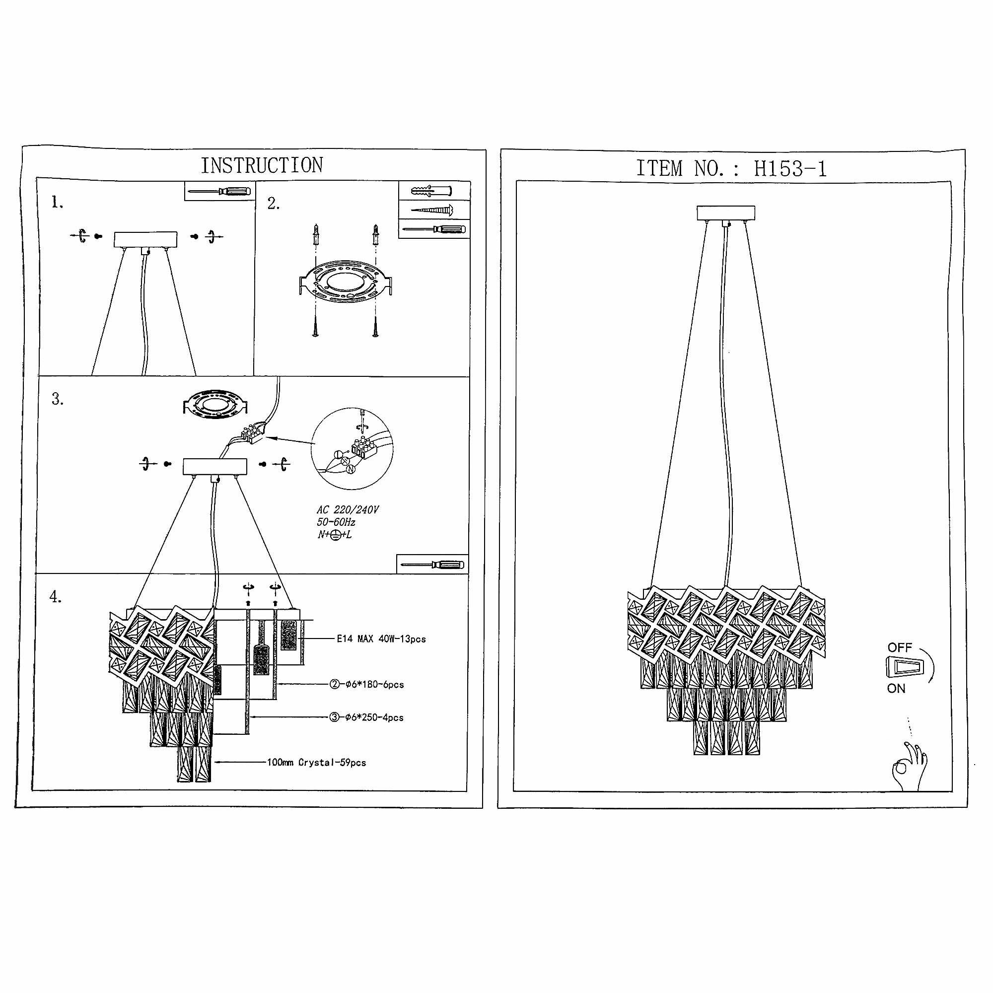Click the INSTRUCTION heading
click(262, 165)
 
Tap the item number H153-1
click(789, 169)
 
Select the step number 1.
click(57, 203)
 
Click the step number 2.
click(274, 204)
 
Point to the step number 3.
click(58, 399)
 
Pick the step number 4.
click(56, 597)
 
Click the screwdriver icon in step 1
click(219, 191)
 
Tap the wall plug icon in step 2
click(432, 191)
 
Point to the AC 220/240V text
click(348, 510)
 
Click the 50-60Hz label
click(336, 522)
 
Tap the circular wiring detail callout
click(352, 449)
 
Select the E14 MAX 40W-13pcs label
click(381, 639)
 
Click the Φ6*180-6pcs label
click(366, 685)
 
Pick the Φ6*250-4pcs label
click(366, 717)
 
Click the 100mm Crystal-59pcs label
click(316, 763)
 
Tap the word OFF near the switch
click(900, 647)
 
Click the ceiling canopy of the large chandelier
click(726, 213)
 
